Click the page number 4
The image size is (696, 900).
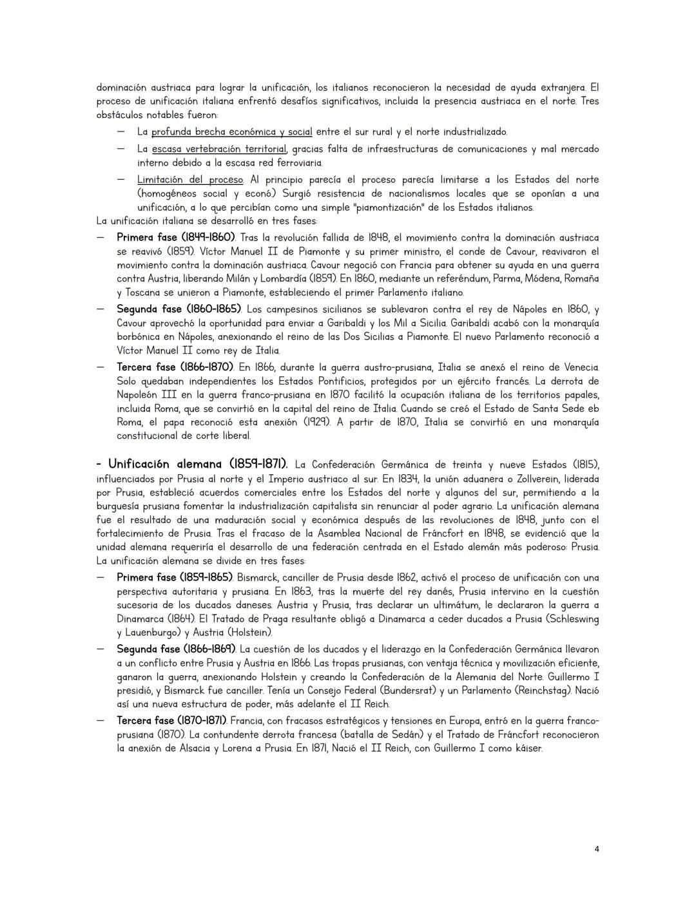(596, 848)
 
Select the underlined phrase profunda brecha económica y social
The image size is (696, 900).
(231, 131)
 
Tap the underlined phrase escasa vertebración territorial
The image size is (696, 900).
(218, 149)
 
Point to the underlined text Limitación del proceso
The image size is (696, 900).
(190, 180)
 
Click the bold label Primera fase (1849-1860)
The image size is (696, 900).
(175, 238)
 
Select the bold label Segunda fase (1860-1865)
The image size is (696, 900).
(179, 309)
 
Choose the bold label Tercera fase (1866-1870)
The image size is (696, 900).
(175, 367)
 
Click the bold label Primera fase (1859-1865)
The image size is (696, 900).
(175, 577)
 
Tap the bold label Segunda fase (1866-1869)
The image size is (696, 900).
(176, 649)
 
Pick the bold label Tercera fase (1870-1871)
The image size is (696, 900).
(171, 720)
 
